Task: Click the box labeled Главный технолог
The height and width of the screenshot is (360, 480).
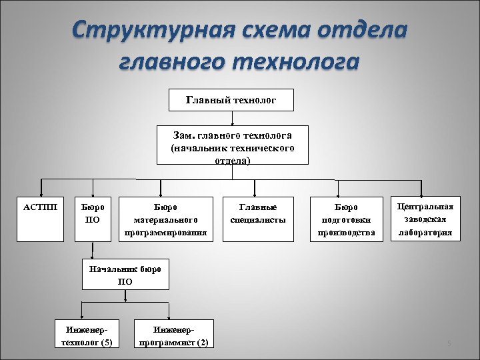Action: [231, 101]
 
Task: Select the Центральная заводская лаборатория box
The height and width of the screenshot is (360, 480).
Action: [425, 218]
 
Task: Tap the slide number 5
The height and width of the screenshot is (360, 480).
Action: [449, 344]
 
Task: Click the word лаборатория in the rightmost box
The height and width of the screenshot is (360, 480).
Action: [425, 233]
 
